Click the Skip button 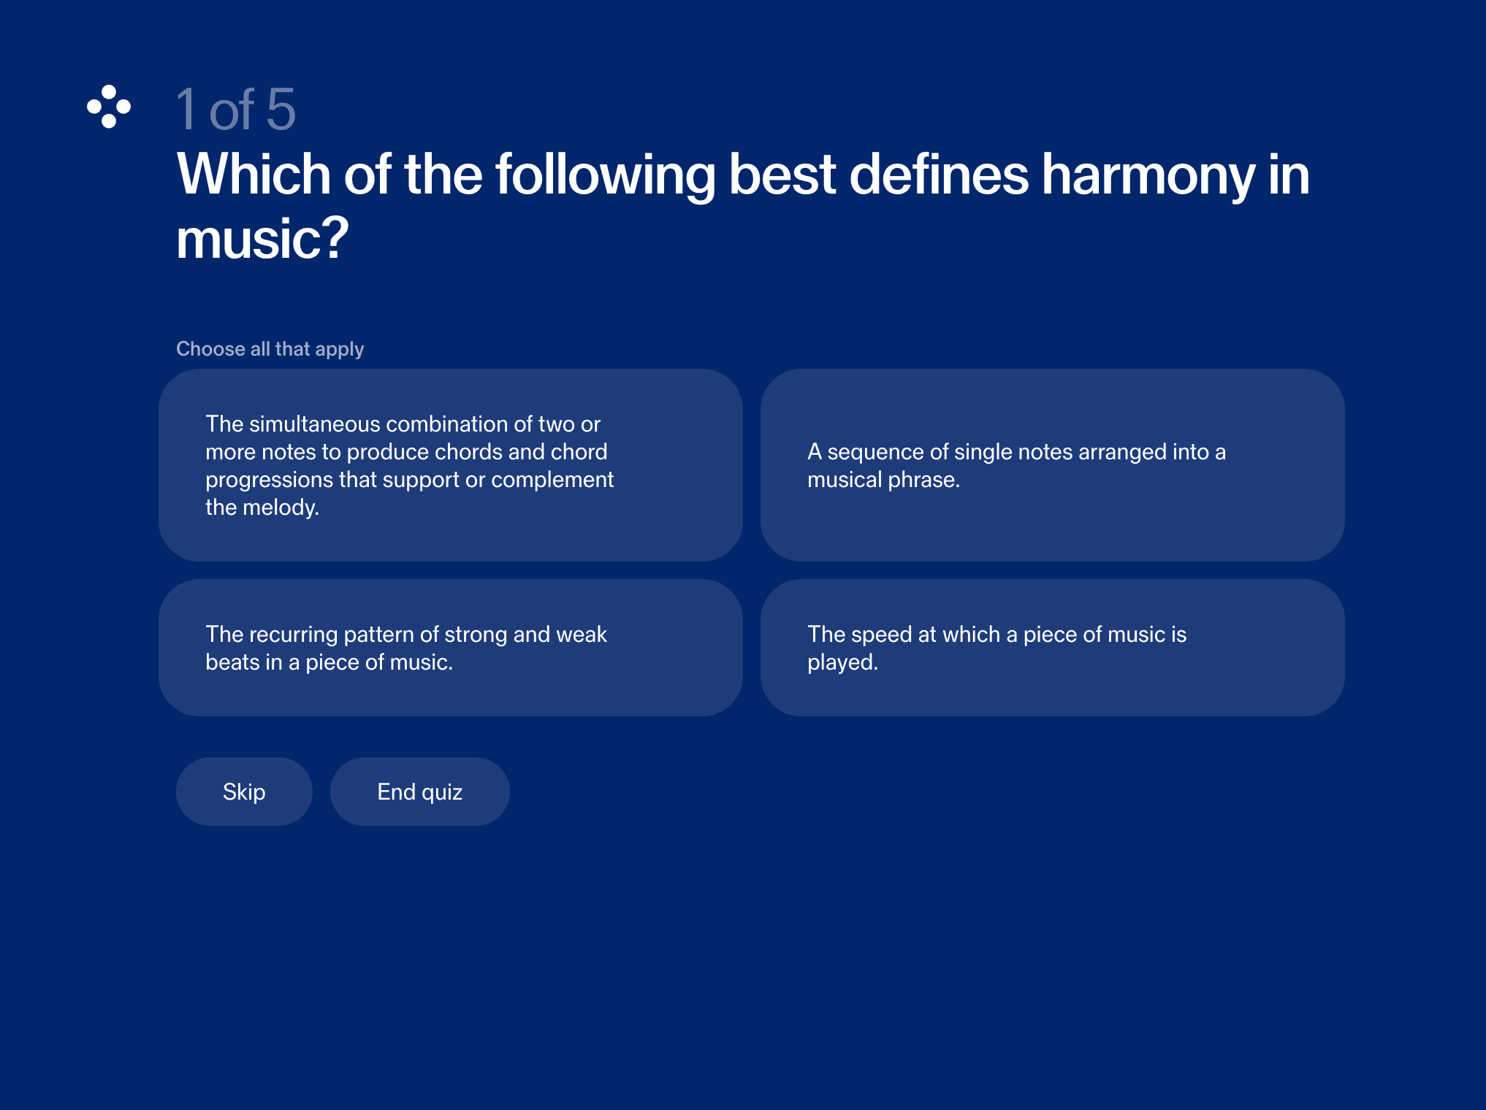[244, 792]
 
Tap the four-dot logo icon [109, 107]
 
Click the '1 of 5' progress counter [236, 110]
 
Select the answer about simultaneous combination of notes [451, 465]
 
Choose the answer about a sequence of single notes [1053, 465]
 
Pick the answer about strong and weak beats [451, 648]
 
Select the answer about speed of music [1053, 648]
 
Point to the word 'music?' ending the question [262, 239]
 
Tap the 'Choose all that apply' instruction [270, 349]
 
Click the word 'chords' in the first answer [468, 452]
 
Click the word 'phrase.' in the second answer [923, 480]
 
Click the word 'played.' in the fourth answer [842, 662]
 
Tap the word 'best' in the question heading [782, 175]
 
